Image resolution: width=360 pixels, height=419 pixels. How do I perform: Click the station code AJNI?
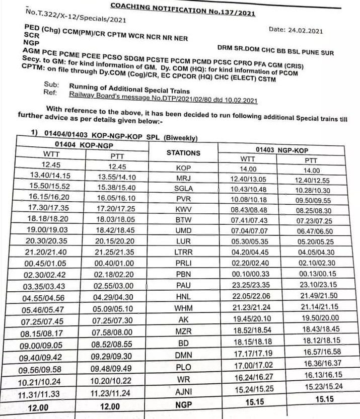coord(183,393)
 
